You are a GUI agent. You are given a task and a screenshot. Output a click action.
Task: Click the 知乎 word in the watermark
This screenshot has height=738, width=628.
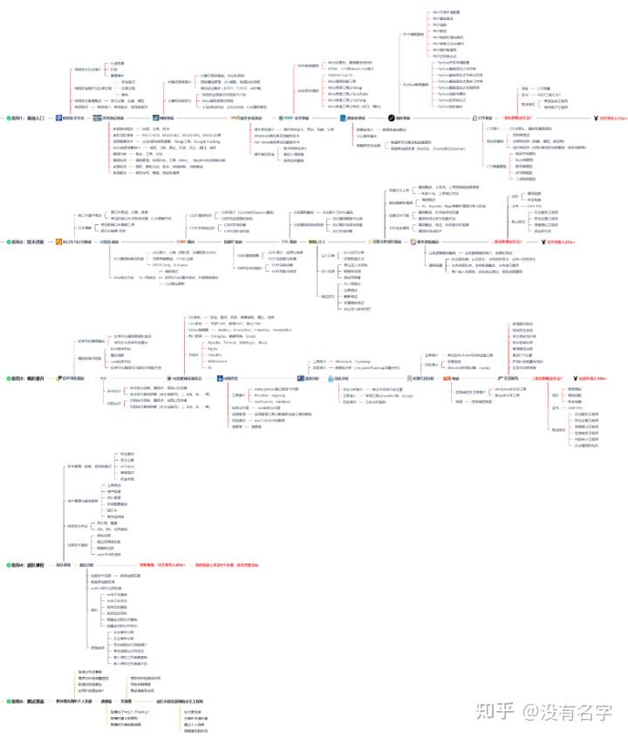pyautogui.click(x=492, y=711)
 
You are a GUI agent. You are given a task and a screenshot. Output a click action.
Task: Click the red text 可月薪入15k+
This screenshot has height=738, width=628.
pyautogui.click(x=610, y=118)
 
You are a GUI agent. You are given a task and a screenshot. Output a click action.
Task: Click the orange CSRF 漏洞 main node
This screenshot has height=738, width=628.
pyautogui.click(x=186, y=242)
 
